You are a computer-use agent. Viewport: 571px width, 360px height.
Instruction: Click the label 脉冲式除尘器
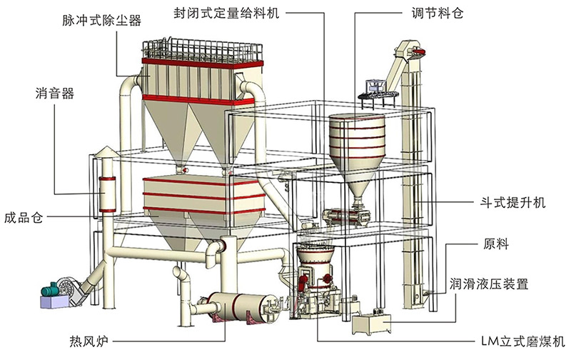102,21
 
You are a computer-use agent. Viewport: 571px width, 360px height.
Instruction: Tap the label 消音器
55,94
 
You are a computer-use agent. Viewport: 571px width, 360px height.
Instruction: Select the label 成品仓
24,218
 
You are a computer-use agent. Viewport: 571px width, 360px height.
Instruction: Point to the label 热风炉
89,341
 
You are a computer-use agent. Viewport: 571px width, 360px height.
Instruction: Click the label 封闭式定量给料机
226,13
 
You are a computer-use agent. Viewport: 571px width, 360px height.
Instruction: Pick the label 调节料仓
437,13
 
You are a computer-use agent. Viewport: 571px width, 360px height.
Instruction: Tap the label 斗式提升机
512,203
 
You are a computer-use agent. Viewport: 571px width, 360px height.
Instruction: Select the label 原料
496,244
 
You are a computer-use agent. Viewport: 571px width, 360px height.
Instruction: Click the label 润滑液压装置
489,284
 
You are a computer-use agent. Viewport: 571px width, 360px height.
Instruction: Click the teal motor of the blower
50,290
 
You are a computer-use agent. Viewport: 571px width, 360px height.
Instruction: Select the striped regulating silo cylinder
357,136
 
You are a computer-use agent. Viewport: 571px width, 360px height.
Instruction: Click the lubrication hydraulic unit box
371,323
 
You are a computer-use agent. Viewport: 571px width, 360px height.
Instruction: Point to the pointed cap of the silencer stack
106,151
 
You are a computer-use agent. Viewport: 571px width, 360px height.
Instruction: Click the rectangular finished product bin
203,196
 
